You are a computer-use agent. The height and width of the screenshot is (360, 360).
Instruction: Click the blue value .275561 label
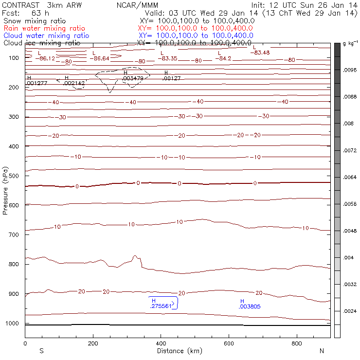click(x=162, y=306)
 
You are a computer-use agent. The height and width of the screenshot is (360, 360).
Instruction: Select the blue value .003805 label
click(x=249, y=306)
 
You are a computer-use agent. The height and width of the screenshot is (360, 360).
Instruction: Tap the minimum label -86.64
click(x=101, y=58)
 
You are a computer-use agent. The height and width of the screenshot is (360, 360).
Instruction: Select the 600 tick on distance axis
click(x=297, y=343)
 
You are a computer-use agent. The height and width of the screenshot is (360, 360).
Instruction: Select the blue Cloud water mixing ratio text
click(x=46, y=36)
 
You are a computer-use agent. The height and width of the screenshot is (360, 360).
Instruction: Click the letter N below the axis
click(x=322, y=350)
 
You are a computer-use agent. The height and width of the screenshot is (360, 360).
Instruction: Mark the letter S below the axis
click(x=41, y=350)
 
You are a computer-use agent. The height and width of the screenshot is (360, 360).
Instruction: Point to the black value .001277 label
click(x=37, y=83)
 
